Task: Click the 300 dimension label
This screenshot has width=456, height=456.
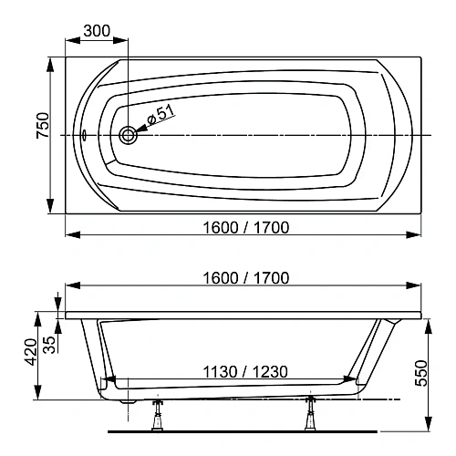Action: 96,30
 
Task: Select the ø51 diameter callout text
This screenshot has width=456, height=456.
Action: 160,116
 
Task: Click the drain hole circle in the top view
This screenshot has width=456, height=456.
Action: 128,135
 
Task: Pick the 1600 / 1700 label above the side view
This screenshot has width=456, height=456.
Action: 242,278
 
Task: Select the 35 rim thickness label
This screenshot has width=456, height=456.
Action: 49,344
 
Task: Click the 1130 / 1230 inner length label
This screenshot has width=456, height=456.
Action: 242,371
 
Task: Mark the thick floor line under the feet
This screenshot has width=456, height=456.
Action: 242,429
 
